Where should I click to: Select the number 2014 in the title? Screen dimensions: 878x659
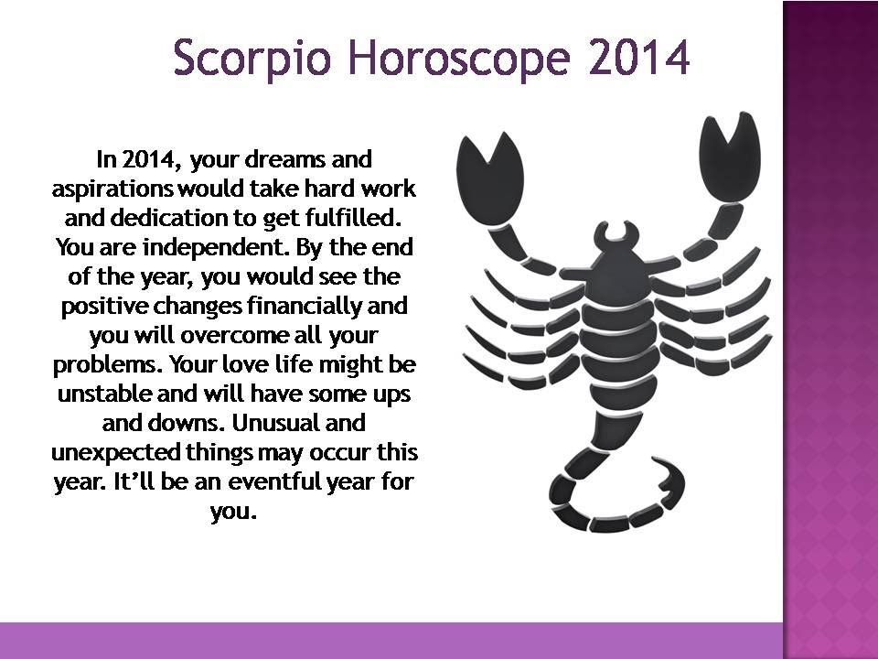639,56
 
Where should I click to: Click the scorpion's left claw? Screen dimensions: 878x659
490,179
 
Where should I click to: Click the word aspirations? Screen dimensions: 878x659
112,189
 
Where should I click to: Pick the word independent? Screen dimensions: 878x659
216,248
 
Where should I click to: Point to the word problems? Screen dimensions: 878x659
106,365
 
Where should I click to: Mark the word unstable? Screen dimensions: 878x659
104,394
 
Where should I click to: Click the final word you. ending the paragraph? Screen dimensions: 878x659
233,512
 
